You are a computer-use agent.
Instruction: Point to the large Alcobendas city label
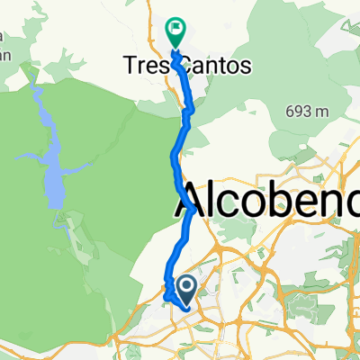tap(265, 202)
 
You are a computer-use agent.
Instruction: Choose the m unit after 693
tap(321, 111)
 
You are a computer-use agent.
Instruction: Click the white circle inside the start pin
tap(187, 287)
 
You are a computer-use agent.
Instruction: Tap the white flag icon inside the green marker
tap(175, 29)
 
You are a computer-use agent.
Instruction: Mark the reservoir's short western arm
tap(27, 157)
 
